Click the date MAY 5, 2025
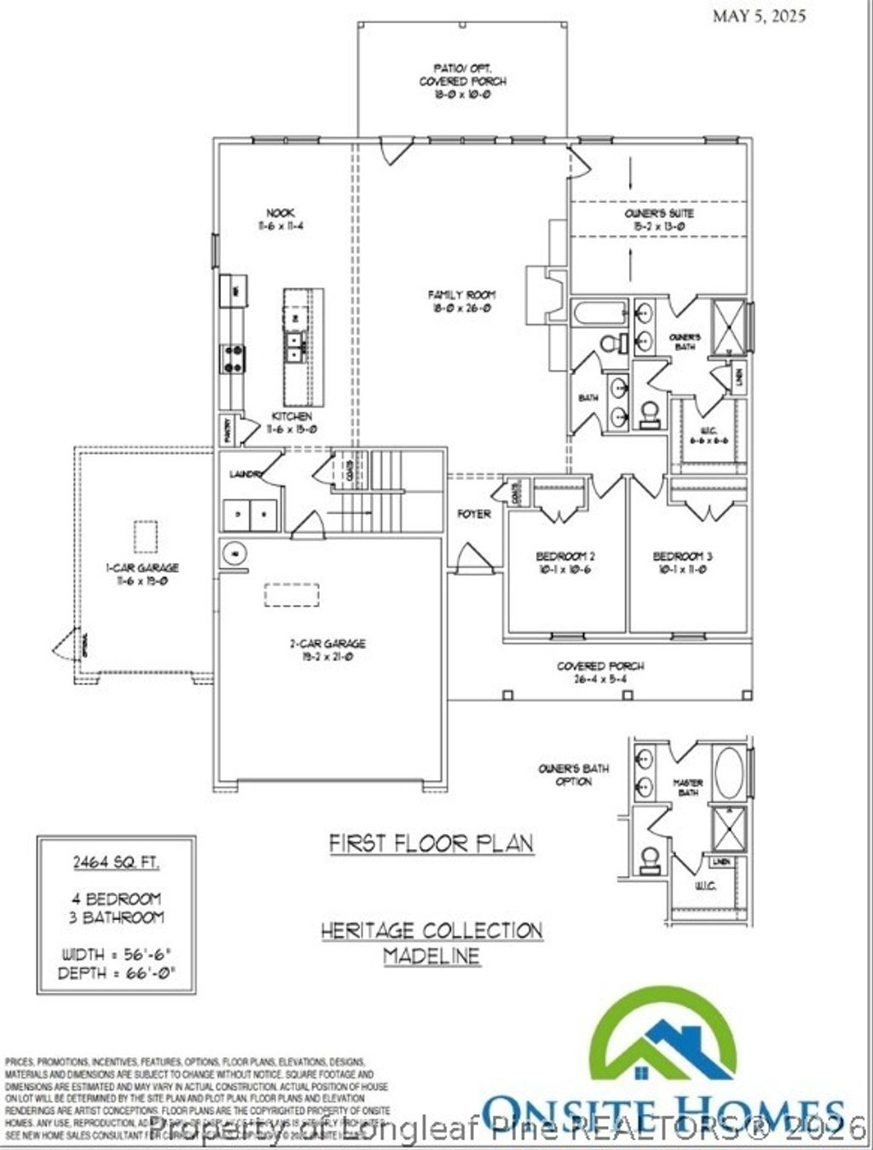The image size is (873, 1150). [x=759, y=15]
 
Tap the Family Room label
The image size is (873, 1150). [x=461, y=301]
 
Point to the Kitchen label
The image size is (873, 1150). [x=292, y=422]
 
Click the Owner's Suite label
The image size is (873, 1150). [x=659, y=219]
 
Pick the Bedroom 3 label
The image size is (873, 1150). [x=683, y=563]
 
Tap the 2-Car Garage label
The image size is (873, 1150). [x=327, y=650]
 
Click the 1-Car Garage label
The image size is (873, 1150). [x=142, y=574]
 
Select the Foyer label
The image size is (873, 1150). [x=474, y=514]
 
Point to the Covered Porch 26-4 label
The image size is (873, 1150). [x=600, y=672]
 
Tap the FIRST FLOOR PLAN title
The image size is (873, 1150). [x=431, y=843]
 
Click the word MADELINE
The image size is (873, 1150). [x=431, y=956]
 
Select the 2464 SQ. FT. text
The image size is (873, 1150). [x=116, y=862]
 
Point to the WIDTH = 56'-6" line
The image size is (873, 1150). [x=117, y=954]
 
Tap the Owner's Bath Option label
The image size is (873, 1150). [x=574, y=774]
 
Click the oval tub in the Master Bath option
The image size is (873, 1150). [x=729, y=771]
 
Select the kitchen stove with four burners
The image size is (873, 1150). [x=233, y=358]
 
